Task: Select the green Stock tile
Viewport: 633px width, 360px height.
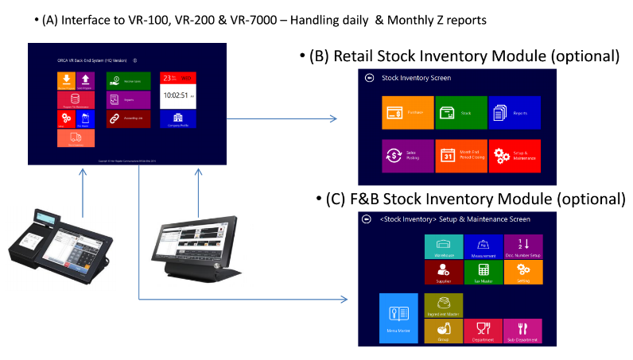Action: coord(460,113)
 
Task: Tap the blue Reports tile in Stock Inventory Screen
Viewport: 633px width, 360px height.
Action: coord(515,113)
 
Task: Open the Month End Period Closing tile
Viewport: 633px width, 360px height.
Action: coord(460,155)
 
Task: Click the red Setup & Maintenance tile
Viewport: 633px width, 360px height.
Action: coord(515,155)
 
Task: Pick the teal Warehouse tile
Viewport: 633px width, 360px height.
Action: coord(444,246)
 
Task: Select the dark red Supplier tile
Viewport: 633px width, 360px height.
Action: coord(444,272)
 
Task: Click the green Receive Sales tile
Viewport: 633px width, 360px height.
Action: coord(128,79)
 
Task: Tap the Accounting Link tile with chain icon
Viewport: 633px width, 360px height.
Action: coord(128,118)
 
